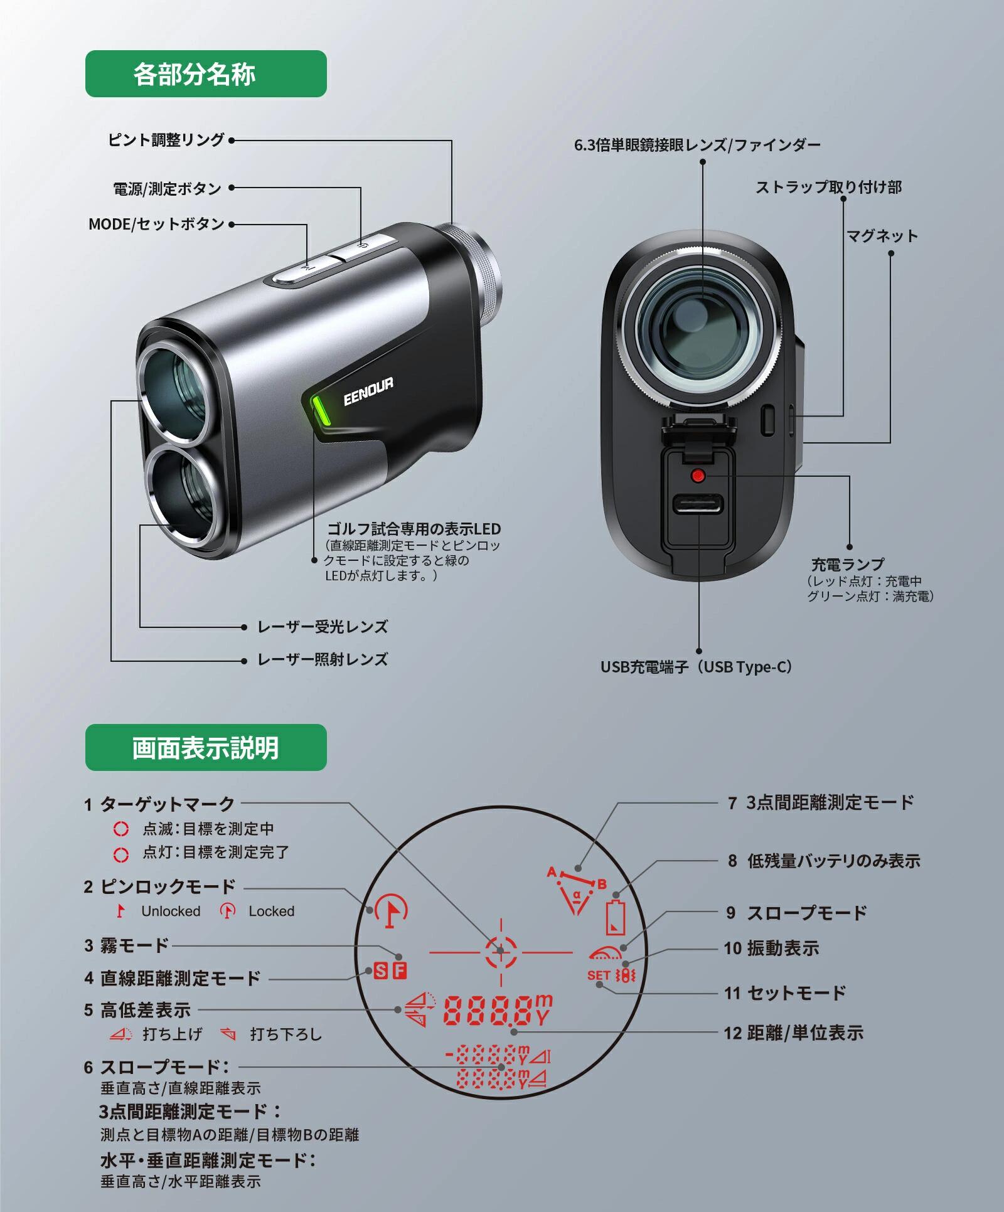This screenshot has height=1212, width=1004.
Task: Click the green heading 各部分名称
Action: pos(205,74)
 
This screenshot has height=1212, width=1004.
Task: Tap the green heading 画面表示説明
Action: pos(205,748)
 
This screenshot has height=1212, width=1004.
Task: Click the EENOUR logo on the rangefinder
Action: pos(368,392)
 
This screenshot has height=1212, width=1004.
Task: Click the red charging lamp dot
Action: pos(697,475)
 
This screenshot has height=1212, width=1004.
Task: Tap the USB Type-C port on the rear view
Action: pos(698,503)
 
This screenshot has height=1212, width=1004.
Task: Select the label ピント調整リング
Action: pos(166,140)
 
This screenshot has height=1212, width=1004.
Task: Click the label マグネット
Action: pos(882,237)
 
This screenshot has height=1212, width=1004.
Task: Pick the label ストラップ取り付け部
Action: pos(828,188)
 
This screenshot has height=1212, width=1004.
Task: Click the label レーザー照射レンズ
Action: pos(323,660)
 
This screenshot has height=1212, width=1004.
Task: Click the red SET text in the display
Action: pos(599,975)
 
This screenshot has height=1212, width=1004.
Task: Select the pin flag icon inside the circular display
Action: pos(392,911)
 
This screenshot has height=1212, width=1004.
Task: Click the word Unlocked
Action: pos(171,912)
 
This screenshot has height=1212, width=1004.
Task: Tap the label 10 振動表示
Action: pos(771,949)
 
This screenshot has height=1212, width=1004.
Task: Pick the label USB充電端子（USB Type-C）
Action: pos(697,667)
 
